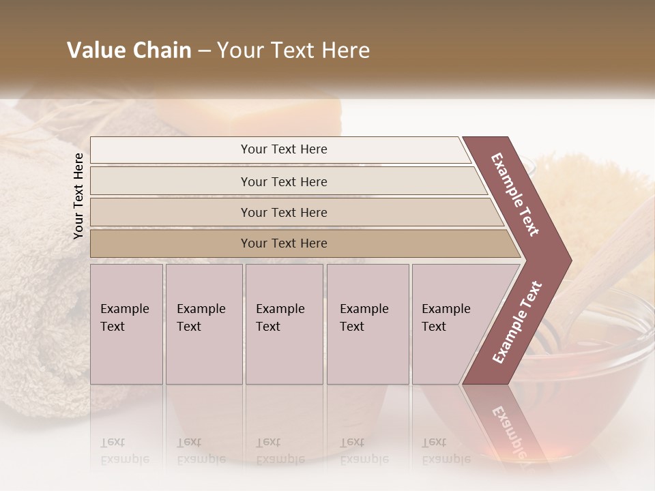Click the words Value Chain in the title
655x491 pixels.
tap(129, 50)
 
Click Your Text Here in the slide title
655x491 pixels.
tap(293, 50)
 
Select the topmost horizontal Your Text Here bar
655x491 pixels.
tap(284, 149)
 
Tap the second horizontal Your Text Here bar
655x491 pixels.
tap(284, 181)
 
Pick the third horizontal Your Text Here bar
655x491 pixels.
tap(284, 212)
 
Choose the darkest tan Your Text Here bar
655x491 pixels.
tap(284, 243)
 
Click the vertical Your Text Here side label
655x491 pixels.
tap(78, 196)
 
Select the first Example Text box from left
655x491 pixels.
tap(126, 324)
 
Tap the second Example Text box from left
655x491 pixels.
tap(203, 324)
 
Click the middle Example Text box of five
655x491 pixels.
tap(284, 324)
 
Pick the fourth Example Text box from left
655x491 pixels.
tap(367, 324)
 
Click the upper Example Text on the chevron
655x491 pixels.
tap(516, 194)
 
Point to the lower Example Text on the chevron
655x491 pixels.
tap(517, 322)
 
